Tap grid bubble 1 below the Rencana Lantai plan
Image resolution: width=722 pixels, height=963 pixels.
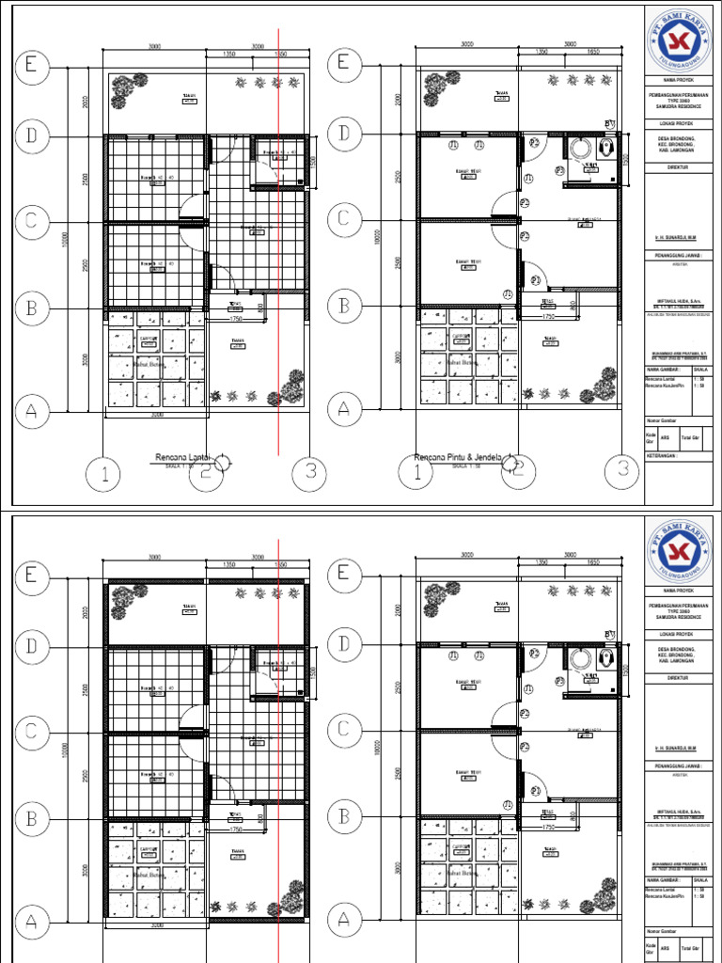(106, 475)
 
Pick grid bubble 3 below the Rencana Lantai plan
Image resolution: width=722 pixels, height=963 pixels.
(309, 475)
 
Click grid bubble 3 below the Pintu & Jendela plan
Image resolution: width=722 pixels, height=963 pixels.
(621, 470)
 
